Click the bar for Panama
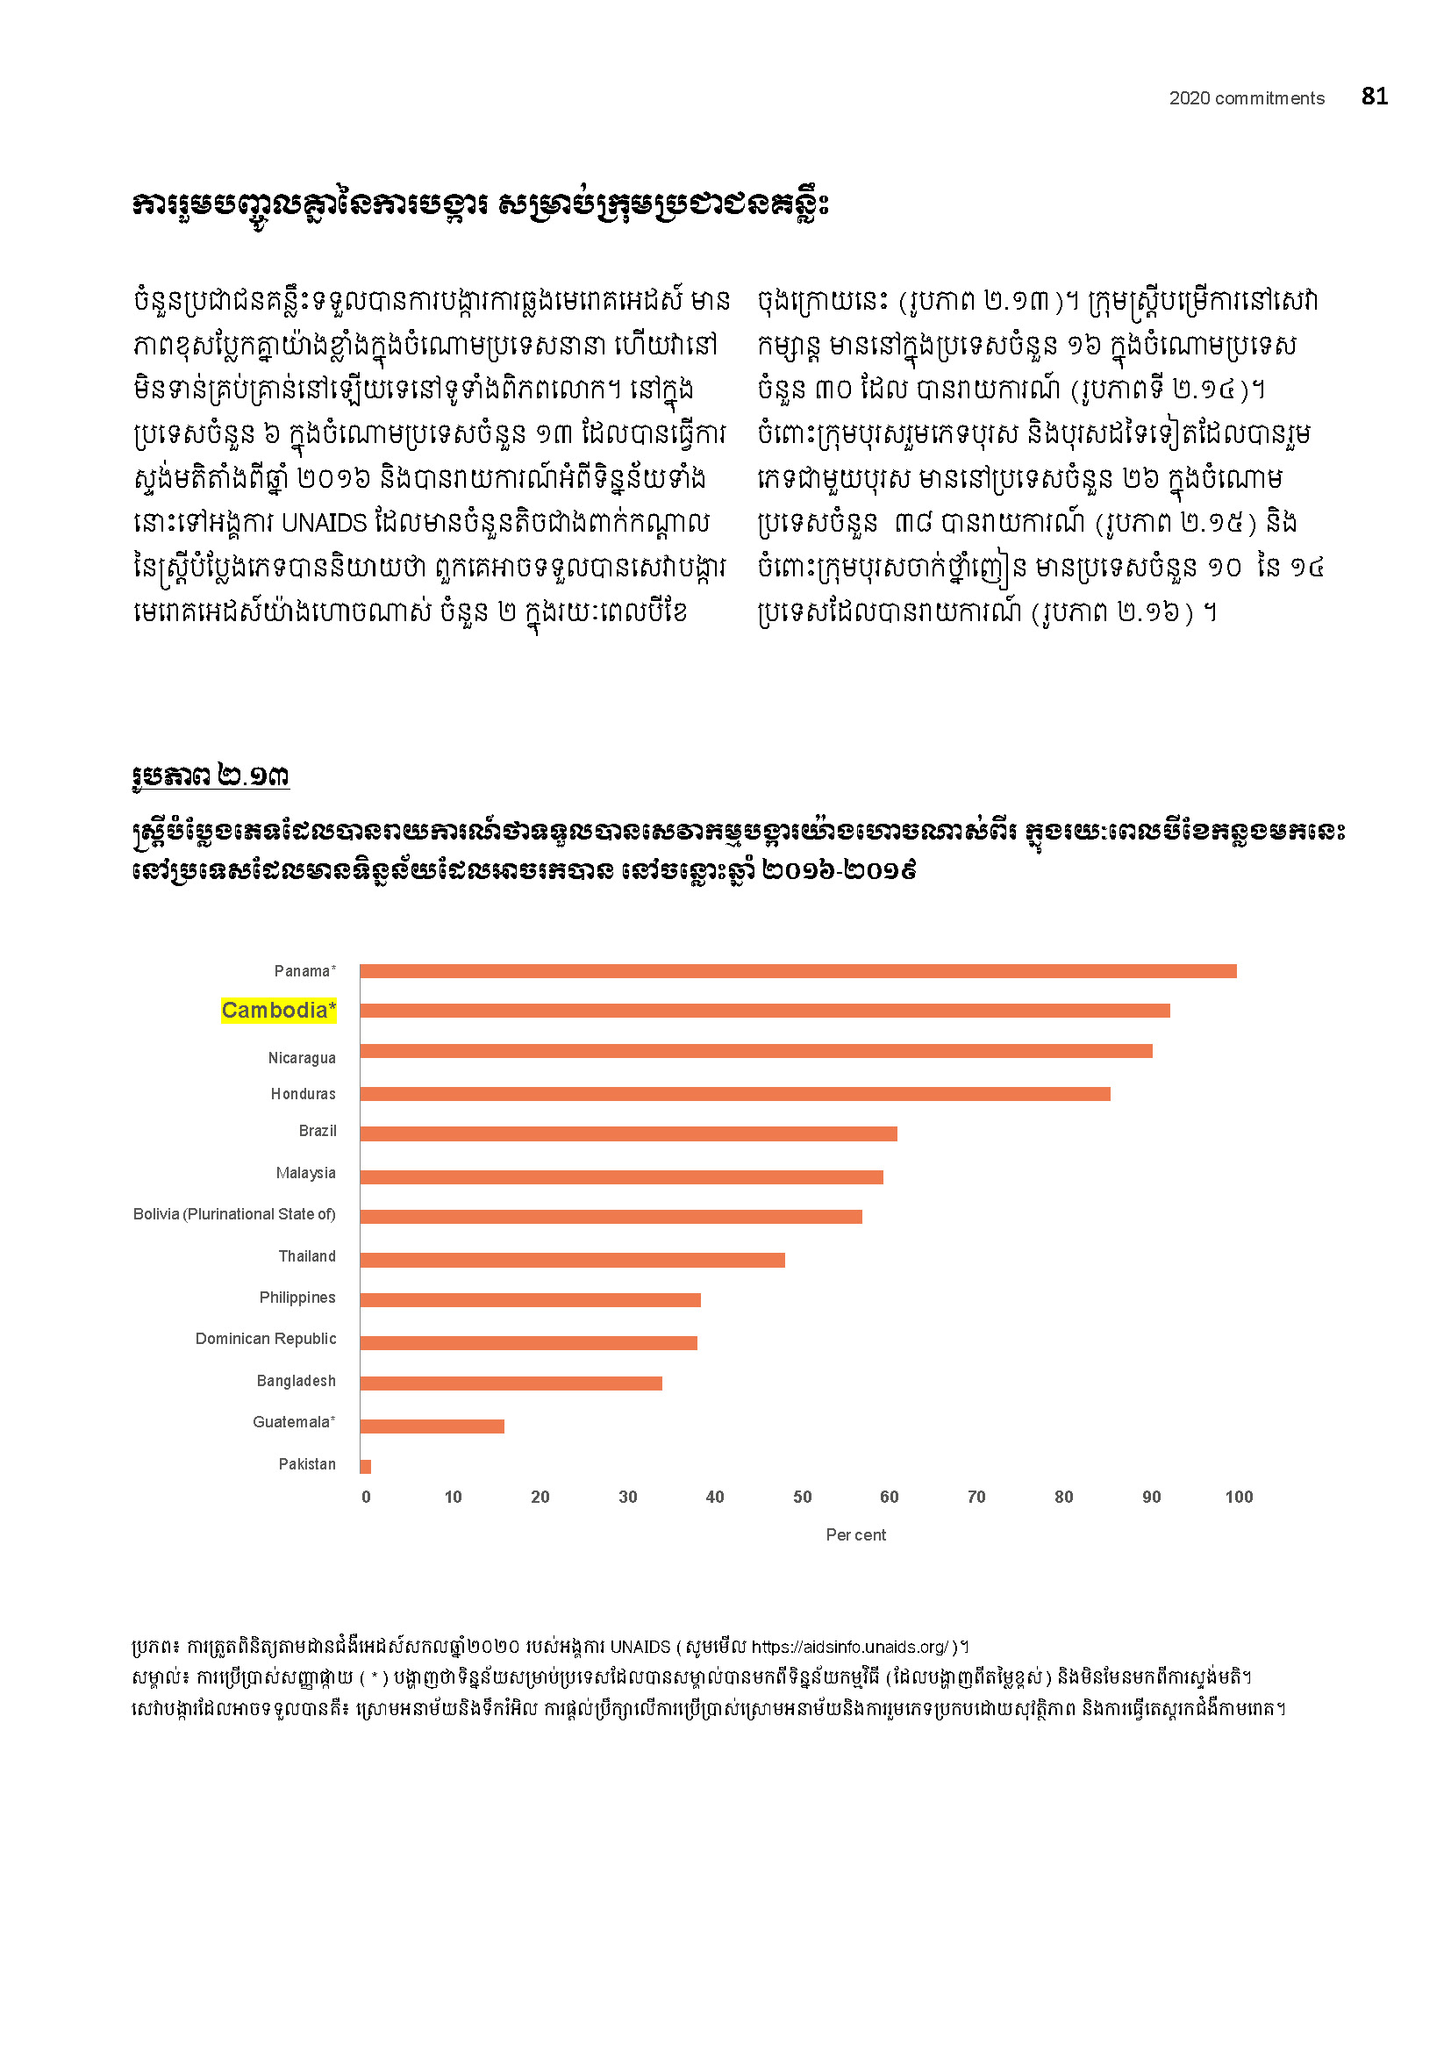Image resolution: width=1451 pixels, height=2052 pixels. (797, 971)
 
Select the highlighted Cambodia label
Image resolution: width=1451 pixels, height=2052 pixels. (279, 1010)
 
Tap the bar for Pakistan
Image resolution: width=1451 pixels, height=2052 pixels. (366, 1467)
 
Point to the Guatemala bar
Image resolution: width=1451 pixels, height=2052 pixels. (432, 1426)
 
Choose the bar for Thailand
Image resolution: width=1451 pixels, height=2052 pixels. (572, 1260)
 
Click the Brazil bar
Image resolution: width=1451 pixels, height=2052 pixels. (628, 1134)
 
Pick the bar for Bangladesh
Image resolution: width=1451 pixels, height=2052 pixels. (511, 1383)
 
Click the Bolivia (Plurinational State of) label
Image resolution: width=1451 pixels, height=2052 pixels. (234, 1213)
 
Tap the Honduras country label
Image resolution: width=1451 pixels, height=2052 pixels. (303, 1094)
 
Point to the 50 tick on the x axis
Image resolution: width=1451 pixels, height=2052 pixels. (803, 1497)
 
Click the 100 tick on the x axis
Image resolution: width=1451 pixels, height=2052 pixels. (1239, 1497)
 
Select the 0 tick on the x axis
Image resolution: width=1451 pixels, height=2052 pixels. (367, 1497)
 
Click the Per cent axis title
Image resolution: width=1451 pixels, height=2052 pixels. (856, 1534)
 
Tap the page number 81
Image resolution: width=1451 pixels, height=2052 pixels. (1374, 97)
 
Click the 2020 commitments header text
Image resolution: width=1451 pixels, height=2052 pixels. (1247, 98)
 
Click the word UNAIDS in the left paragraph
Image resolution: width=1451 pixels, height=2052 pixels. (324, 523)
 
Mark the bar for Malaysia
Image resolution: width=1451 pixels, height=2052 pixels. (621, 1177)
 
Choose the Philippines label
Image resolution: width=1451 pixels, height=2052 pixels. (297, 1298)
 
